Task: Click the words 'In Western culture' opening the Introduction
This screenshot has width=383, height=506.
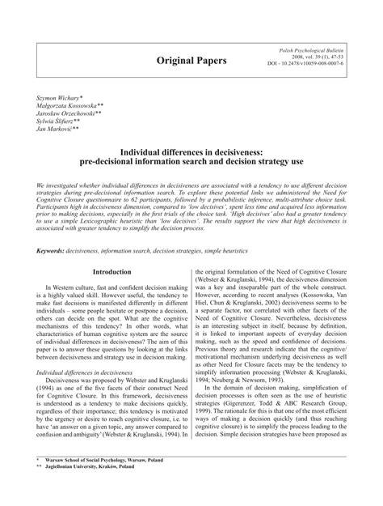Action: coord(75,287)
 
